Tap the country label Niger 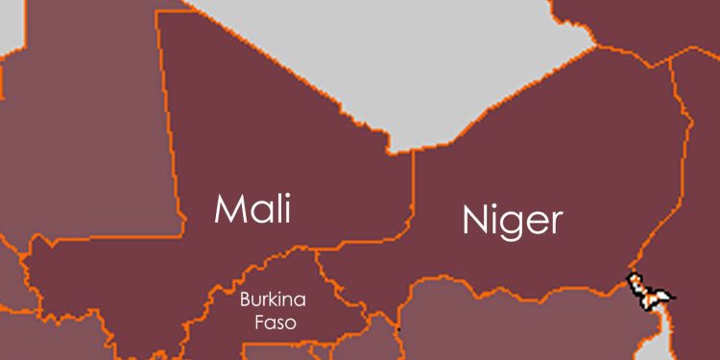[x=511, y=220]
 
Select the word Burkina [x=268, y=300]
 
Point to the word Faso [x=269, y=323]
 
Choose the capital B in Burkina [x=244, y=300]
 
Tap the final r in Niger [x=556, y=223]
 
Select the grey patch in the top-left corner [x=10, y=24]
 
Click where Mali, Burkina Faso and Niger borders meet [x=318, y=252]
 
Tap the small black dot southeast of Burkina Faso [x=398, y=329]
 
